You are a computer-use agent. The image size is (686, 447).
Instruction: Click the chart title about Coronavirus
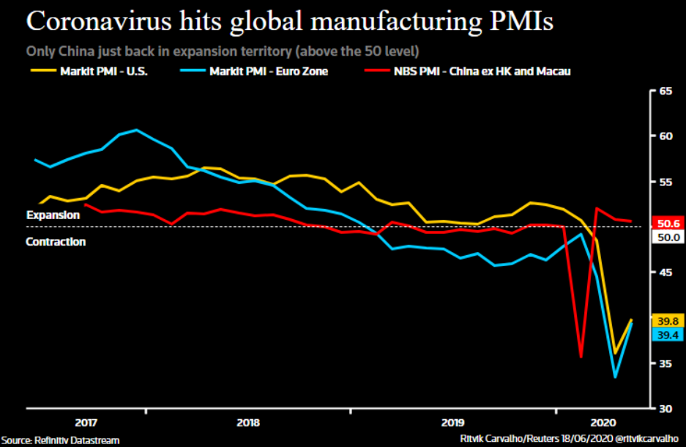(289, 21)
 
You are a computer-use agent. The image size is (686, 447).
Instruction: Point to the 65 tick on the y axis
(666, 91)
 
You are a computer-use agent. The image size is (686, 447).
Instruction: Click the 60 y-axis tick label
(666, 136)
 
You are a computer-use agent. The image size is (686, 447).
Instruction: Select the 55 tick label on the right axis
(666, 182)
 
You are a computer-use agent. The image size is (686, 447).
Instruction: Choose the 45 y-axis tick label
(666, 273)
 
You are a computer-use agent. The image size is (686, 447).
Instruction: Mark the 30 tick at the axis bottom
(666, 408)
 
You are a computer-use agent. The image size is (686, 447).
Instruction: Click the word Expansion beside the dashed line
(53, 215)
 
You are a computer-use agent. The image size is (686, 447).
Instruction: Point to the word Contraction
(56, 242)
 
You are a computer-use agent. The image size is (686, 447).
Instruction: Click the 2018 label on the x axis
(248, 422)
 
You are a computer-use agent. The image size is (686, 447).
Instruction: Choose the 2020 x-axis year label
(603, 422)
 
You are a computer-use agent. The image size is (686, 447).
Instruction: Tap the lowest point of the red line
(581, 357)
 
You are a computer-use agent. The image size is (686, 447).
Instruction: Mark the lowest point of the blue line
(615, 377)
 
